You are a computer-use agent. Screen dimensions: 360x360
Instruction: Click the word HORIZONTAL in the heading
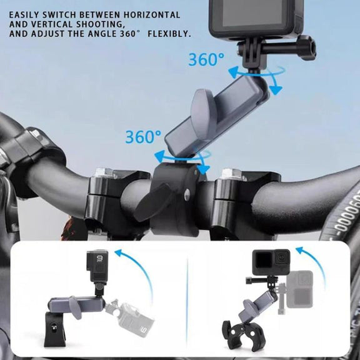(x=152, y=15)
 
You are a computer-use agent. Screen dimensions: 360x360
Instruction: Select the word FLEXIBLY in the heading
(x=169, y=34)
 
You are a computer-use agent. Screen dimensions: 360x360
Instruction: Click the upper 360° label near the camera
(x=206, y=59)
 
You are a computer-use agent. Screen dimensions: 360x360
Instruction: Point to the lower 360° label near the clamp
(x=143, y=137)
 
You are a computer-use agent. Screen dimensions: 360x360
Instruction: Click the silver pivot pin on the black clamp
(x=187, y=193)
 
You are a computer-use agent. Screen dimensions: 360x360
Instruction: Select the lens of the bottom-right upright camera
(x=281, y=258)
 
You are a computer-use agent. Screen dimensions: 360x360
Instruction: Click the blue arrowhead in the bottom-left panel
(x=119, y=253)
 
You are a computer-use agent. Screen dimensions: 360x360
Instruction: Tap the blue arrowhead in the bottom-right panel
(x=301, y=250)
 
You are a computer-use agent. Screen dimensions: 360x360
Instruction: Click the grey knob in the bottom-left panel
(x=74, y=307)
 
